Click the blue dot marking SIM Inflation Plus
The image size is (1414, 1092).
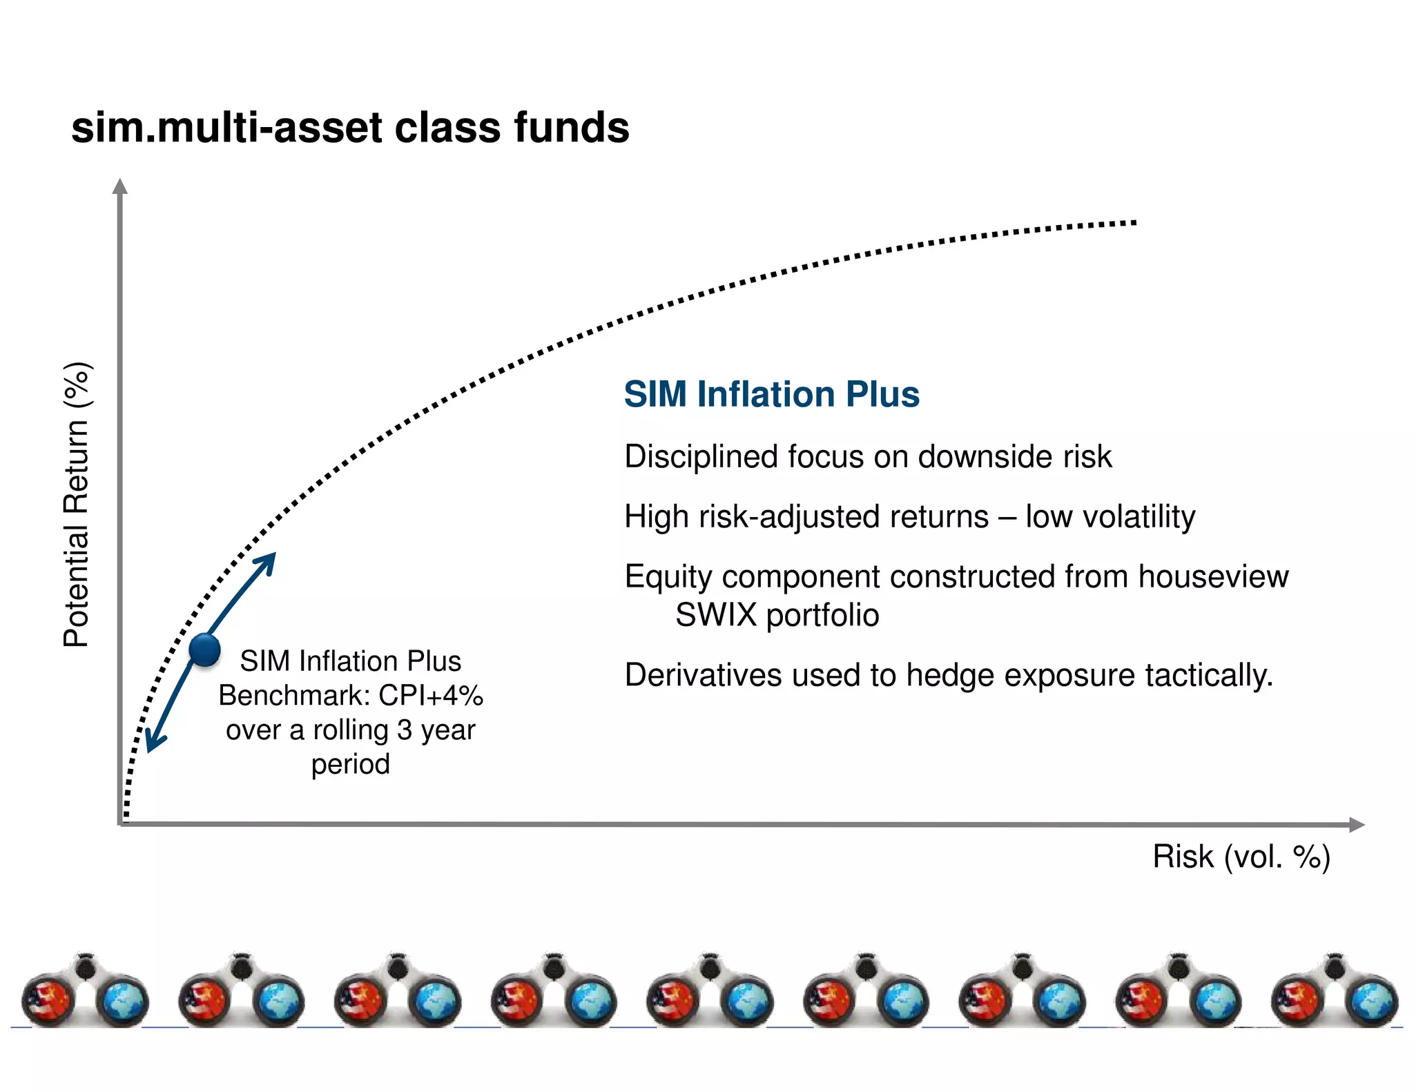point(204,650)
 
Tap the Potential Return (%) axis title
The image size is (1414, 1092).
point(77,505)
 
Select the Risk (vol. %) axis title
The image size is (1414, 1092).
point(1241,857)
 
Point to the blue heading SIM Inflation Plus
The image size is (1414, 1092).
point(771,394)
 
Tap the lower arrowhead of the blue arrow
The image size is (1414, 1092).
point(153,743)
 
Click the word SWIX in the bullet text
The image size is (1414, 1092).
point(715,615)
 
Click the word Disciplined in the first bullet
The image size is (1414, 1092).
point(701,457)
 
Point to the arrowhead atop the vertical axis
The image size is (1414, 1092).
point(120,186)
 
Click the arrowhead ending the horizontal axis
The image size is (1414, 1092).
point(1357,825)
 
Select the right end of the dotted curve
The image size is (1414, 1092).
point(1132,223)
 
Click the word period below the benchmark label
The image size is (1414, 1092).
point(350,764)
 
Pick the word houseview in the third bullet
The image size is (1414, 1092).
point(1213,577)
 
